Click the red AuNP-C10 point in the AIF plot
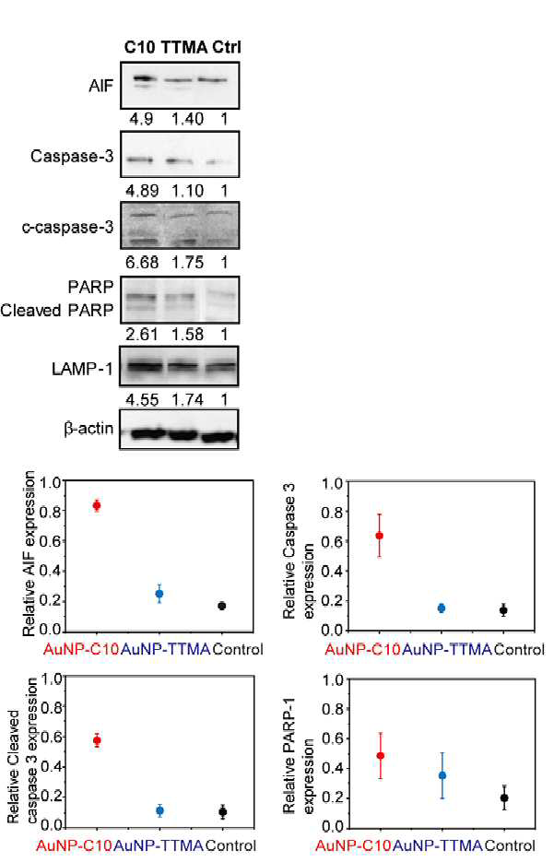point(97,506)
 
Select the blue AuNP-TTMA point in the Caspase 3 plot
point(442,608)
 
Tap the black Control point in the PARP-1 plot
point(504,797)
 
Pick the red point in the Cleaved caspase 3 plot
point(98,740)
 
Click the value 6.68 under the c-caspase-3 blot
point(142,262)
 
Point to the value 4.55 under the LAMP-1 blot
point(142,400)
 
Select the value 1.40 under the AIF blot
point(187,119)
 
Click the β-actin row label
point(88,429)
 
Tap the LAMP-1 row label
point(82,369)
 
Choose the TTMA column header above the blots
point(184,47)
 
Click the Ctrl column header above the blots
point(227,47)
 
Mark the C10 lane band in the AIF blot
point(143,79)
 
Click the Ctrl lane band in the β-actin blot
point(219,438)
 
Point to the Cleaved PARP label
point(57,311)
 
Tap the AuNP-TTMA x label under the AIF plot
point(165,649)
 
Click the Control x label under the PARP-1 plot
point(511,845)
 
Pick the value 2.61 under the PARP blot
point(142,335)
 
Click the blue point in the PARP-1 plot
point(442,775)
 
